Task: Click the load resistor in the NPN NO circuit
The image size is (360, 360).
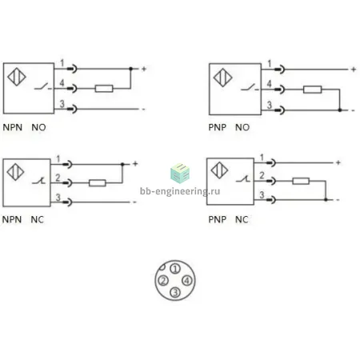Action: (104, 89)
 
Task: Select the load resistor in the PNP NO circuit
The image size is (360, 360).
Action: (312, 90)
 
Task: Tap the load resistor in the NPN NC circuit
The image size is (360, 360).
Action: (98, 183)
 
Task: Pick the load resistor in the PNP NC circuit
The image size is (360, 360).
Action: (301, 182)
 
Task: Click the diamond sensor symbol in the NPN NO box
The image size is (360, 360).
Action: (17, 77)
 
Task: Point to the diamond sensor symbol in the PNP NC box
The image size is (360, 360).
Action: (219, 170)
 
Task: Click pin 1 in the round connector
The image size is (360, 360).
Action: (175, 269)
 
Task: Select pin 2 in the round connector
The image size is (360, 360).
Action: (163, 281)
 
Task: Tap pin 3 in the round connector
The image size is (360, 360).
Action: (175, 293)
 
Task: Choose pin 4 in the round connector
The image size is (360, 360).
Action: (187, 281)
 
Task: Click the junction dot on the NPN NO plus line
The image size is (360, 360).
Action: (130, 69)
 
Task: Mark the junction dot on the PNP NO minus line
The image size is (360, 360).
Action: (339, 110)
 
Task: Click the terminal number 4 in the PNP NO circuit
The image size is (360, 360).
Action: (270, 84)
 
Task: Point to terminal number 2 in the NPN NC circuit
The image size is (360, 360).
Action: (58, 178)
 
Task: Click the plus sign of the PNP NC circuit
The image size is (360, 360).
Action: (338, 162)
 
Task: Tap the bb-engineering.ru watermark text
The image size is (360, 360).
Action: (180, 191)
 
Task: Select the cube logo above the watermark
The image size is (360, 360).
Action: (180, 174)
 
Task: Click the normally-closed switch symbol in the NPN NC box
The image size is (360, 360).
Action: (38, 181)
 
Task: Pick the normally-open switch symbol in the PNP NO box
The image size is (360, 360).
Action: (250, 87)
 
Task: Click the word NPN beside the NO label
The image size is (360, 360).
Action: (13, 127)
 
